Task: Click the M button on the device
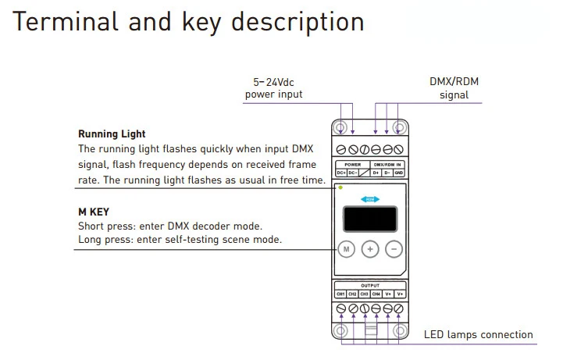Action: [x=347, y=249]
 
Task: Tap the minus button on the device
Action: [x=394, y=249]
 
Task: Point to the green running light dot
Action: [x=340, y=187]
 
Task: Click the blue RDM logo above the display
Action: [x=370, y=199]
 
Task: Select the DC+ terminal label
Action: [x=341, y=173]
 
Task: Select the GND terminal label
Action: [x=399, y=173]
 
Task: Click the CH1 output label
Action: [x=340, y=294]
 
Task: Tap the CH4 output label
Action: [x=376, y=294]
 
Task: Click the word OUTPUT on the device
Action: [x=370, y=286]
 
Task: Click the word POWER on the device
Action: [x=352, y=165]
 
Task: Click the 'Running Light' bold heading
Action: [x=112, y=134]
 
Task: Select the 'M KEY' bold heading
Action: [x=94, y=212]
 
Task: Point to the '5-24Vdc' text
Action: [x=273, y=81]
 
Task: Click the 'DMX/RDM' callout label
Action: [x=453, y=81]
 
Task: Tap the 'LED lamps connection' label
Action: [x=478, y=335]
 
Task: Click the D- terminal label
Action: [x=387, y=173]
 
